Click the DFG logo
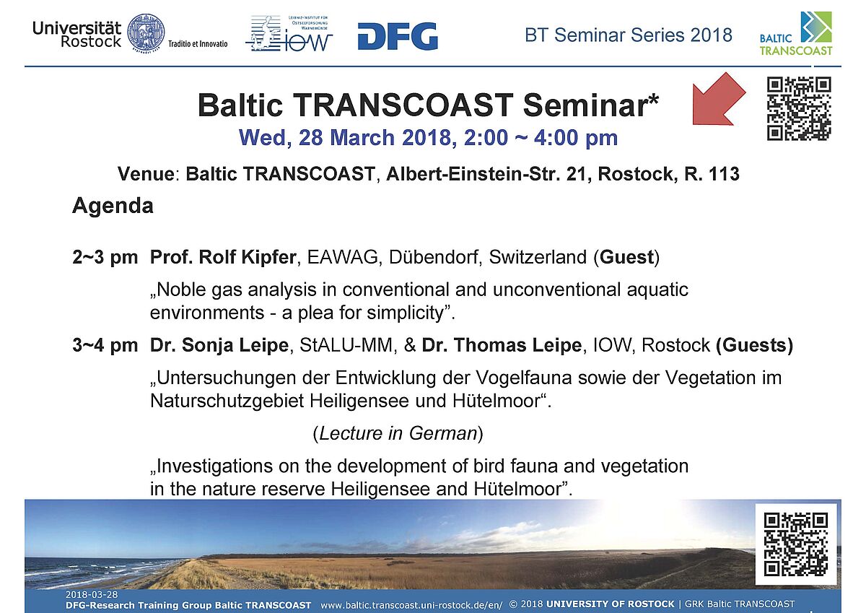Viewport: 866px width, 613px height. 398,36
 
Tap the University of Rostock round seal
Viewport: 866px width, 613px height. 146,33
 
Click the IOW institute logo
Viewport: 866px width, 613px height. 289,34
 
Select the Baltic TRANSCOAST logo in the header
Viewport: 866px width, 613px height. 795,34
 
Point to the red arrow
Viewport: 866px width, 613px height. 717,100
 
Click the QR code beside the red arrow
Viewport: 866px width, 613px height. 799,109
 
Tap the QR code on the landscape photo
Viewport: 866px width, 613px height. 796,544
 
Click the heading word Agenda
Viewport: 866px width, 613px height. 113,206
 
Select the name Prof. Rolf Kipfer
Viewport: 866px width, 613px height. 223,257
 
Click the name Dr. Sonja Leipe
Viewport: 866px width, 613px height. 219,345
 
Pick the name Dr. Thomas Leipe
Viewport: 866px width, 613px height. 502,345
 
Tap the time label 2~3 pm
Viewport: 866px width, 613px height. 105,258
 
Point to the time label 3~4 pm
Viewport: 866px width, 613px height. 105,345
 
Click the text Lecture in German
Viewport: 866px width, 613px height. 398,433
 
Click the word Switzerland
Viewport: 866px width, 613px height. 538,257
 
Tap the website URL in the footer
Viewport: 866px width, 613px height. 412,605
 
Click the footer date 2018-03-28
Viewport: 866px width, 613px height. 92,594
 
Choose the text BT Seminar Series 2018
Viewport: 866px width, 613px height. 629,35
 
